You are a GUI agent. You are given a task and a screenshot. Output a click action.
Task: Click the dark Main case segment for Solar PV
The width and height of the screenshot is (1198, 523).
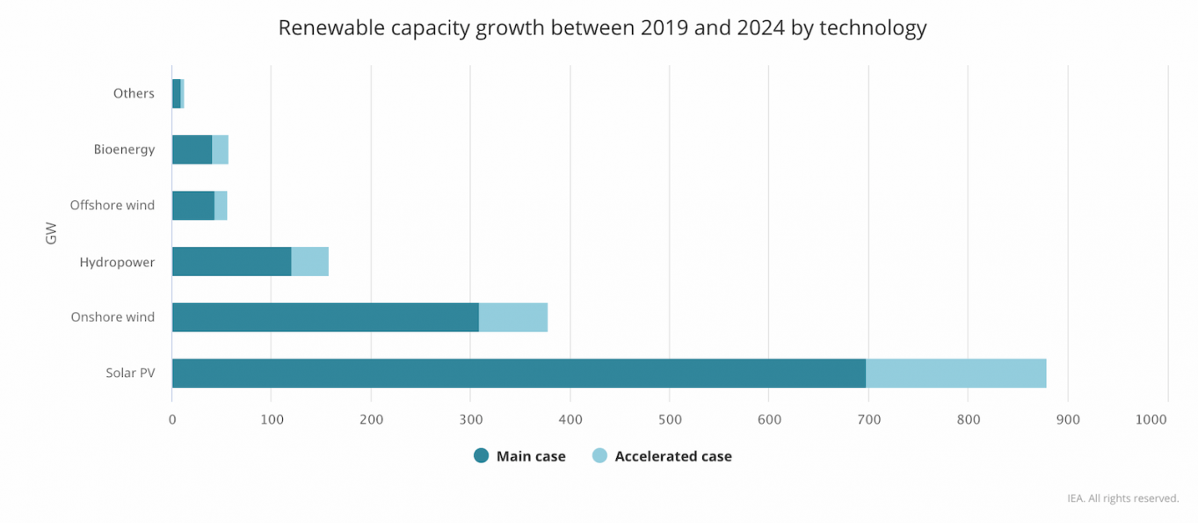tap(519, 374)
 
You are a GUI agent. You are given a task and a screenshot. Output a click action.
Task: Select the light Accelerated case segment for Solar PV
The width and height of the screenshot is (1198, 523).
tap(955, 374)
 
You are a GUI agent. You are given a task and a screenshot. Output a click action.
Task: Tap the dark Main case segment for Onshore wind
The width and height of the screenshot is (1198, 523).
tap(325, 317)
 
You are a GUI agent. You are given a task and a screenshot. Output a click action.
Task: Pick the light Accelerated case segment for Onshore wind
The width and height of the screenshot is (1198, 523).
tap(512, 317)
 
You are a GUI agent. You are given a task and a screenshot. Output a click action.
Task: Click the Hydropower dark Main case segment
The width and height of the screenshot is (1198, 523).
tap(231, 262)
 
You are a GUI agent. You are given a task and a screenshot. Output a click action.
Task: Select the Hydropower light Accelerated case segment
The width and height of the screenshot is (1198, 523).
tap(309, 262)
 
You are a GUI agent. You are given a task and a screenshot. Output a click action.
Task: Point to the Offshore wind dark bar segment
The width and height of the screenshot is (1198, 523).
tap(192, 206)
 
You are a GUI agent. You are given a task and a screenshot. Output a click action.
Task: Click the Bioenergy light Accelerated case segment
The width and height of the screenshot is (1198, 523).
tap(220, 149)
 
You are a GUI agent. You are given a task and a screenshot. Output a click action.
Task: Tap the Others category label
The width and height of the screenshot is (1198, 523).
tap(134, 93)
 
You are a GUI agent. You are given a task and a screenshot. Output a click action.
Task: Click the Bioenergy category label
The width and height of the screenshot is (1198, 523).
tap(124, 149)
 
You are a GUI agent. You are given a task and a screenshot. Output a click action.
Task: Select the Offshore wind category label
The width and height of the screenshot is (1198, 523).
tap(113, 206)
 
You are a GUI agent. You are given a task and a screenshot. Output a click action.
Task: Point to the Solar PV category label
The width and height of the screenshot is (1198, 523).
tap(130, 374)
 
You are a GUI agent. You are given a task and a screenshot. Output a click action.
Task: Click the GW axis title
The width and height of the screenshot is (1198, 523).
tap(51, 234)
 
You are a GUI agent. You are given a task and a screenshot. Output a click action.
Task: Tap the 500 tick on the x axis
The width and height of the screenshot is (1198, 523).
tap(669, 420)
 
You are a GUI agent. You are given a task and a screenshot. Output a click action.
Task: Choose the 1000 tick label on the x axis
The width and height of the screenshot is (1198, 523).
tap(1151, 420)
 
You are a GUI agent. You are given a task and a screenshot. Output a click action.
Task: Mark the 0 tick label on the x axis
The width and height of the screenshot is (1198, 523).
tap(172, 420)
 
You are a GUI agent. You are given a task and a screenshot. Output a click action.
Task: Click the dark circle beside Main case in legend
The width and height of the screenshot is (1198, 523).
tap(481, 456)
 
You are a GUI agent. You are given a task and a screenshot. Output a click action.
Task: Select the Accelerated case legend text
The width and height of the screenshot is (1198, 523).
tap(672, 456)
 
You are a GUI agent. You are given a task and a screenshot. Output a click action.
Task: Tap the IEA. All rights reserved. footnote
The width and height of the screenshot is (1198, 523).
tap(1122, 498)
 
